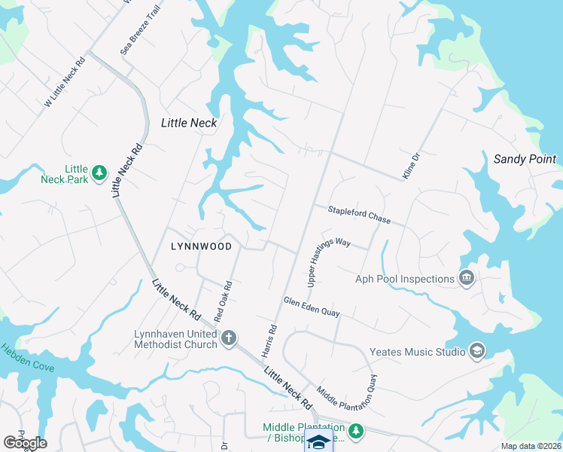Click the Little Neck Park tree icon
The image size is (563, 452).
pos(99,174)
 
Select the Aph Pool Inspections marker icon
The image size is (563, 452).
pos(466,279)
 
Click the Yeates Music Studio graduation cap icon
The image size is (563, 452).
pos(476,351)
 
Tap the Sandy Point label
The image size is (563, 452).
pos(525,159)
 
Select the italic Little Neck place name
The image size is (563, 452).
pos(189,123)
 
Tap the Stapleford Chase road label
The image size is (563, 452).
pos(358,215)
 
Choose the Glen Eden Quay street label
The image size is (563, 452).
pos(312,306)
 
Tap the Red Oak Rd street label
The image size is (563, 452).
pos(223,301)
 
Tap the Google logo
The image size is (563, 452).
pos(25,443)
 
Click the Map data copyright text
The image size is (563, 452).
pos(531,446)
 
